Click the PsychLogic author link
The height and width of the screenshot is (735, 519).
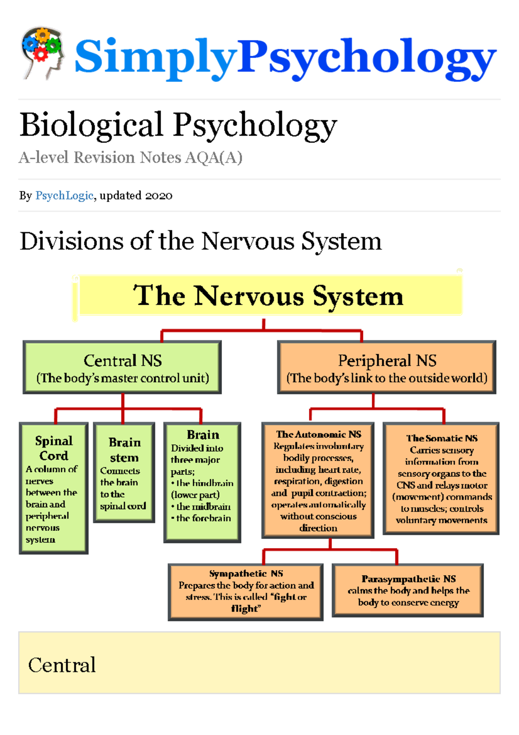click(64, 196)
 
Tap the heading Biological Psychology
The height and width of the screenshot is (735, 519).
click(178, 125)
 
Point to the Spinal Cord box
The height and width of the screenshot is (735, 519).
click(54, 488)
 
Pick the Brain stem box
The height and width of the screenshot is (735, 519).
click(124, 473)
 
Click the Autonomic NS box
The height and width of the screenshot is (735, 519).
click(318, 480)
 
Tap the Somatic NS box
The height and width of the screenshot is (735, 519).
click(441, 478)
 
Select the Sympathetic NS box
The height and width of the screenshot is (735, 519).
click(245, 591)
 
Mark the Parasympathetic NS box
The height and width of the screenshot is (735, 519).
click(408, 590)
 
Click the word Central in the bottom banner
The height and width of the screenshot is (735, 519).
click(62, 665)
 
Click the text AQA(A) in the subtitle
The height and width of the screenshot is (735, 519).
click(214, 158)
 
